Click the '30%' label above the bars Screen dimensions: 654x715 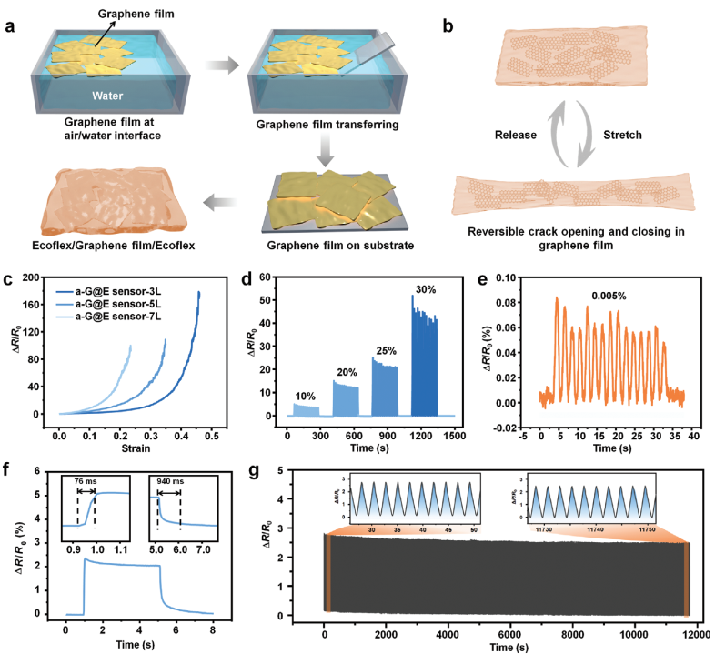click(424, 290)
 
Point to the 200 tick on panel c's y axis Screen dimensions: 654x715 click(40, 277)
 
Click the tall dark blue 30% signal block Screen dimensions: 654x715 click(424, 364)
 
